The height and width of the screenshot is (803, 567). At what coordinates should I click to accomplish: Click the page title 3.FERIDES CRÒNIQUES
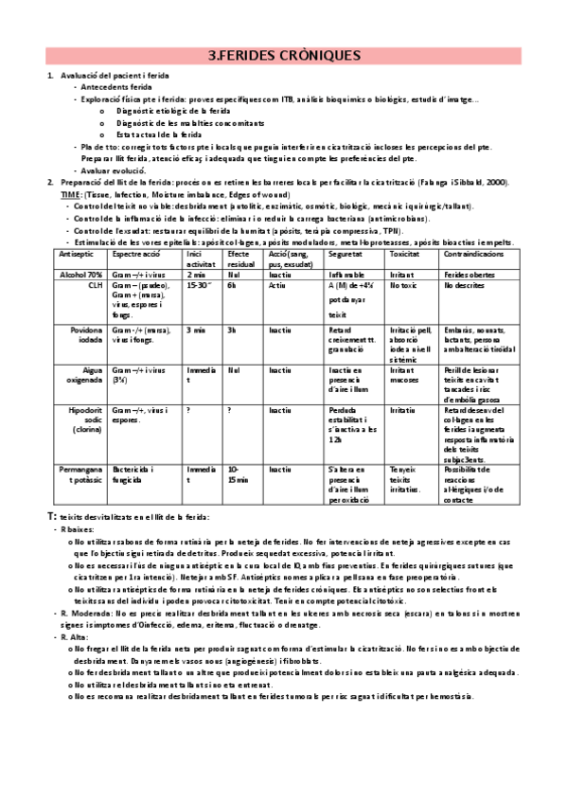(283, 56)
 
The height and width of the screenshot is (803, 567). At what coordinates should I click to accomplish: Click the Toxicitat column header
(407, 256)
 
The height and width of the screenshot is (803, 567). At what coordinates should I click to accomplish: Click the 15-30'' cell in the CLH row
(199, 284)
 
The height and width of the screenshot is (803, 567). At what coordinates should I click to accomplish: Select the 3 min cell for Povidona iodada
(197, 330)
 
